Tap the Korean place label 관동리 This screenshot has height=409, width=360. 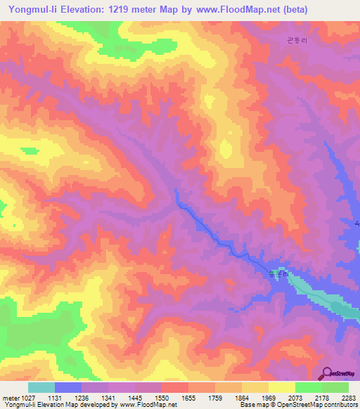[297, 41]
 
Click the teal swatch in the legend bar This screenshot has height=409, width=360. [41, 387]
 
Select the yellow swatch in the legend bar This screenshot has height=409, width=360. [282, 387]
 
